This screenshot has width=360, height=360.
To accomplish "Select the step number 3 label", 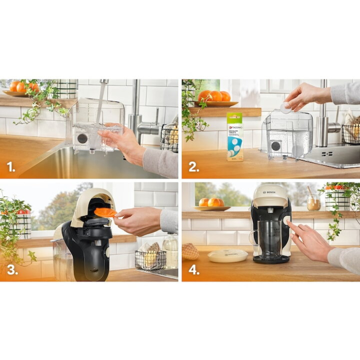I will click(x=12, y=270).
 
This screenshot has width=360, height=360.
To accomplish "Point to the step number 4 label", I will click(x=193, y=270).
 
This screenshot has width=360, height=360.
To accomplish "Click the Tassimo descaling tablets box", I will click(x=235, y=137).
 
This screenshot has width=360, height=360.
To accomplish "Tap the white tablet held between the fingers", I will click(x=285, y=107).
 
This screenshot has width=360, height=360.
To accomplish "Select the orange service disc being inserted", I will click(x=105, y=212).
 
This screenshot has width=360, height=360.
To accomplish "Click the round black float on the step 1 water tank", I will click(x=82, y=138).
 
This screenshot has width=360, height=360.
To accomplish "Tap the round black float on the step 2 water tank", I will click(x=276, y=146).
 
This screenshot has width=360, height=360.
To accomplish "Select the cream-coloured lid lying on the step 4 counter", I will click(x=227, y=256).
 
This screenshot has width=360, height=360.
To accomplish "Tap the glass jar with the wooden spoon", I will click(x=313, y=202).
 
